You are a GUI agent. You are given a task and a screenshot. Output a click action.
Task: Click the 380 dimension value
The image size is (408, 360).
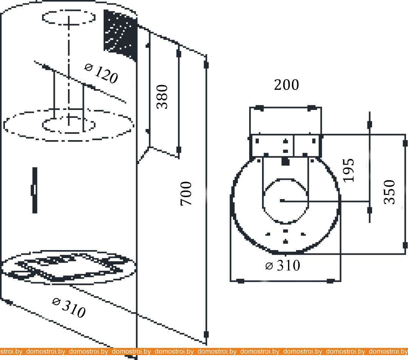pos(162,97)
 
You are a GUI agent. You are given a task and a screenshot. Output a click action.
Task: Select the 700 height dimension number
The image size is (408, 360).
pos(186,193)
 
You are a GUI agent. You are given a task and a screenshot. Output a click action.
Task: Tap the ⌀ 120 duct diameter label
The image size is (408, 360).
pos(101,74)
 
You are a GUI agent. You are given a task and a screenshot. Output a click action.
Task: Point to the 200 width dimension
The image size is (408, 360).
pos(287,85)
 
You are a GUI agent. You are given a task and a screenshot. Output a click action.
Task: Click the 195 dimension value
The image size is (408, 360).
pos(349,170)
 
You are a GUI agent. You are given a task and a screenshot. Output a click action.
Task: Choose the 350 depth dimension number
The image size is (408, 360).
pos(389,192)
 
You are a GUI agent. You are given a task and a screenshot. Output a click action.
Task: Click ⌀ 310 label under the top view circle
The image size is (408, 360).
pos(283,266)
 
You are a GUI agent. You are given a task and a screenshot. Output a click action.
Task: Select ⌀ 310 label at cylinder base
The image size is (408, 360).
pos(69,308)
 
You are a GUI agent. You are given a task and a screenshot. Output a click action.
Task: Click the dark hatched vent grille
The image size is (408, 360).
pos(120,35)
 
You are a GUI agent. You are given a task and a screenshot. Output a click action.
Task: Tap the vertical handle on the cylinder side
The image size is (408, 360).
pos(34,190)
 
